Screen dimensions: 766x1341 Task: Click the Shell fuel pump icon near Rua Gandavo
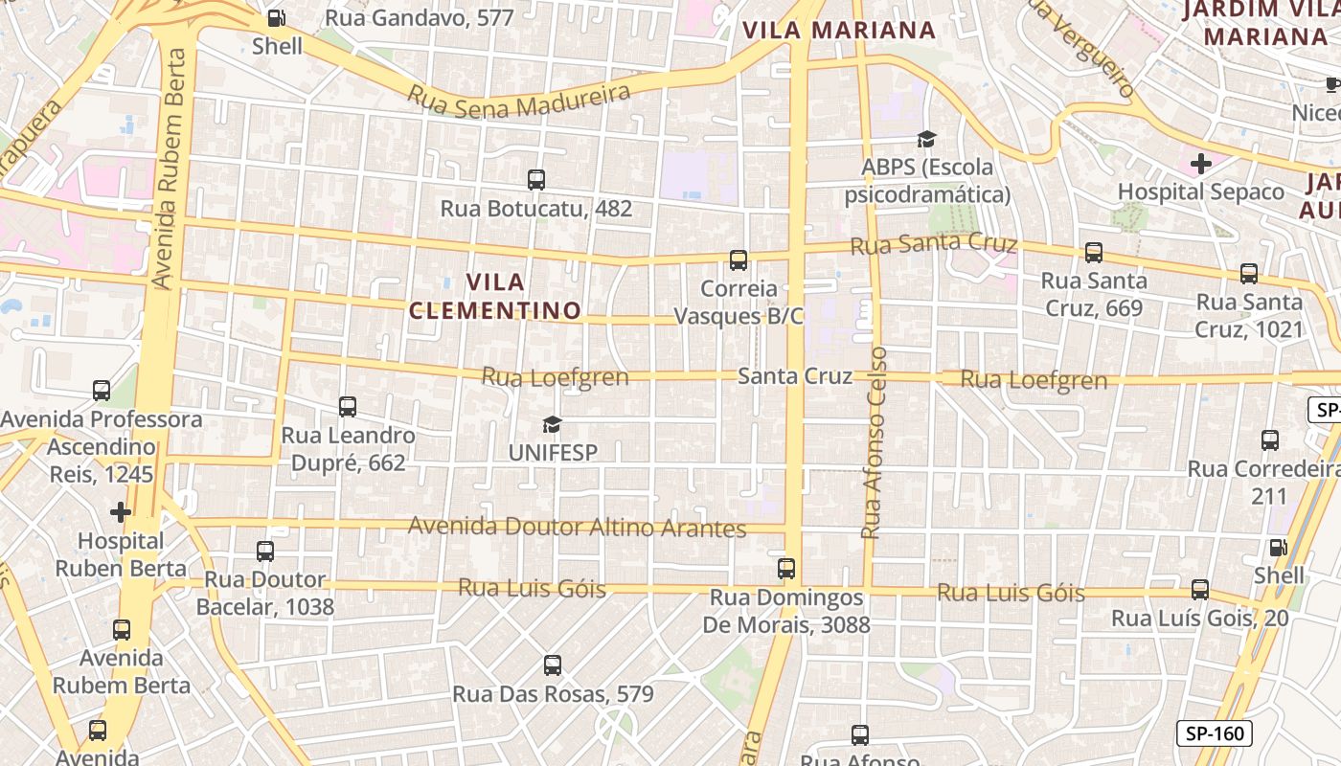[276, 17]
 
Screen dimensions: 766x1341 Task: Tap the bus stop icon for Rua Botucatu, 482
[536, 179]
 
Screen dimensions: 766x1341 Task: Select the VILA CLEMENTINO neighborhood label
[495, 296]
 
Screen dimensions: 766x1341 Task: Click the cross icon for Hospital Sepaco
[1201, 164]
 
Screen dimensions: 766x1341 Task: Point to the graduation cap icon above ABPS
[926, 140]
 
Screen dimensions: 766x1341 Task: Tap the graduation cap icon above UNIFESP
[552, 424]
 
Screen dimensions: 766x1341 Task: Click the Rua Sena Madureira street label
[520, 99]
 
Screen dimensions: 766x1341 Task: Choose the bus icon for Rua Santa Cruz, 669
[1094, 253]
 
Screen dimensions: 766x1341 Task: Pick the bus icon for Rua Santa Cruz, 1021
[1249, 274]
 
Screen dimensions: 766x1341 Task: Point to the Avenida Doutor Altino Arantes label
[577, 527]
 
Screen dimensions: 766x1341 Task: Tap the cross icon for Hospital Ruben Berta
[121, 512]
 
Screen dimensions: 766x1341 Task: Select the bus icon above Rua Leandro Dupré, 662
[348, 407]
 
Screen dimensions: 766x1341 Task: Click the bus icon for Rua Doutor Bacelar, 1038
[265, 552]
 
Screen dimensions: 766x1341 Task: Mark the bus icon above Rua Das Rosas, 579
[553, 665]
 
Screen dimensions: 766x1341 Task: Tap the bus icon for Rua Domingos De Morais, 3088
[786, 569]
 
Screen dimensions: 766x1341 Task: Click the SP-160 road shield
[1214, 734]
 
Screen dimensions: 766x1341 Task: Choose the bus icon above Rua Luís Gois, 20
[1200, 590]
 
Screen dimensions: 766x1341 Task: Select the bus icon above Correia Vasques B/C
[739, 259]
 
